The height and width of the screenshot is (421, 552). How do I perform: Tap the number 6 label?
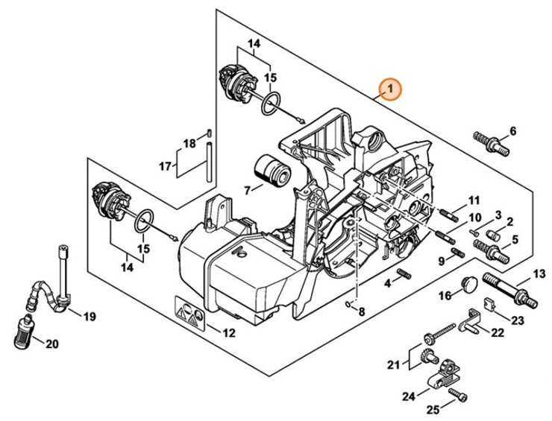tap(512, 132)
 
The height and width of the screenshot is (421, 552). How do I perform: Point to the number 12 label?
tap(230, 332)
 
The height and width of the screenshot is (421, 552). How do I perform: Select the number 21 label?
tap(393, 364)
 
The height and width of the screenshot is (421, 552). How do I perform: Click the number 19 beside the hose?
tap(90, 317)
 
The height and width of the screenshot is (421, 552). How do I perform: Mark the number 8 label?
tap(362, 311)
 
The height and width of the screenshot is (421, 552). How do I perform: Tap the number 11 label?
tap(474, 200)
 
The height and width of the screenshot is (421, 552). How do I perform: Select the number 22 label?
tap(498, 332)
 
